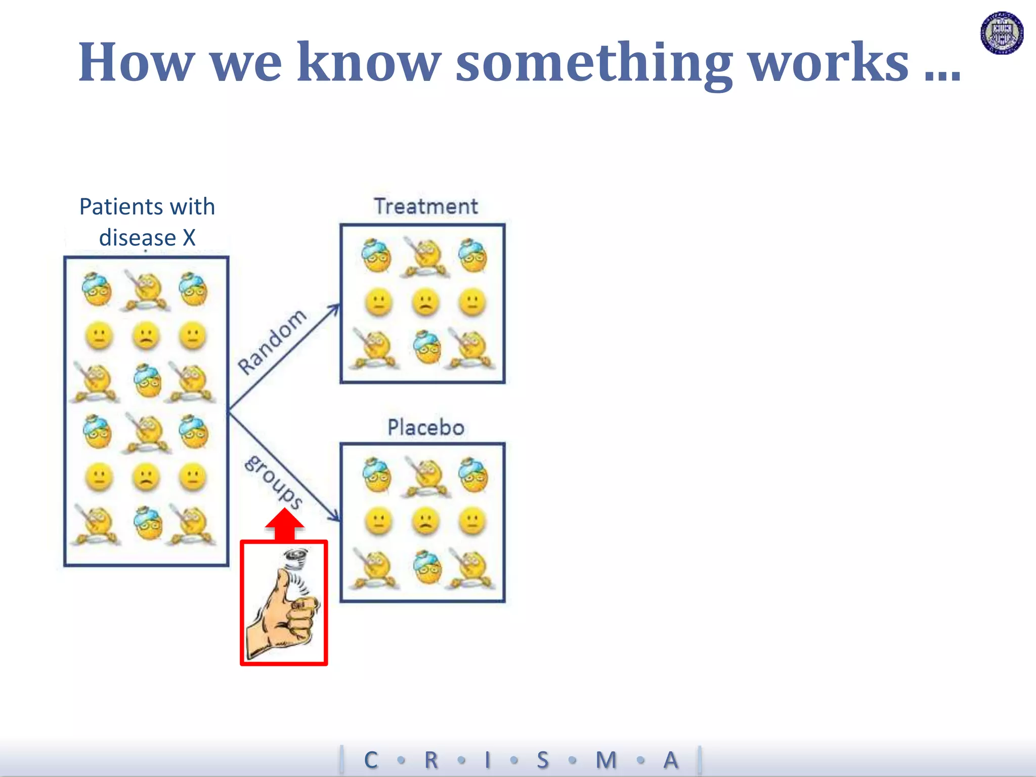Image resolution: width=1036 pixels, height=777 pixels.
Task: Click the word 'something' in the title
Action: click(x=594, y=63)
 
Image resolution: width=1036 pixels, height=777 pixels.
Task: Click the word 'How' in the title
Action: click(x=137, y=63)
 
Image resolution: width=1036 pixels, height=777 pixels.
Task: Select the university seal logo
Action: click(x=1002, y=33)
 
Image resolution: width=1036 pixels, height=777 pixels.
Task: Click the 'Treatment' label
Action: click(x=425, y=206)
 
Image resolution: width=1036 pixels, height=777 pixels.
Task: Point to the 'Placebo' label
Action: click(x=425, y=427)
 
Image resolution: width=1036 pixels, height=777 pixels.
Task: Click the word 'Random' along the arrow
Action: click(x=272, y=342)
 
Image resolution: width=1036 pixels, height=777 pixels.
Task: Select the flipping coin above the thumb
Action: click(x=296, y=559)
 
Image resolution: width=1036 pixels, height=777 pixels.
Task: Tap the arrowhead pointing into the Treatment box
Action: click(x=335, y=308)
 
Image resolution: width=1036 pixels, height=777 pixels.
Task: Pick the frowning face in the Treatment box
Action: click(x=425, y=303)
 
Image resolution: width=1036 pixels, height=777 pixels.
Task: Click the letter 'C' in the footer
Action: click(x=371, y=760)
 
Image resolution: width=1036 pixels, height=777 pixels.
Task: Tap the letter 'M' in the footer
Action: click(x=606, y=760)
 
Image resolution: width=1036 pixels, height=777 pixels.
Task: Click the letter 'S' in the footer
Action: click(x=542, y=760)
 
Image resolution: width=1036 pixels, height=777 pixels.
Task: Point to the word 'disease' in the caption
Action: click(x=137, y=238)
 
